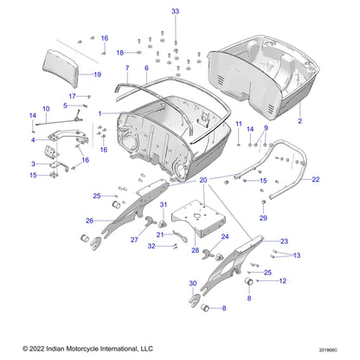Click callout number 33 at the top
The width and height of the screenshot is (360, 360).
[175, 11]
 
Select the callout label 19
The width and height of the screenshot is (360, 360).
[97, 74]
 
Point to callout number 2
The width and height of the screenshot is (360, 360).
[300, 122]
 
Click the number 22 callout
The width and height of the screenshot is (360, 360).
[315, 179]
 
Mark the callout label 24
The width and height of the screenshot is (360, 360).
[225, 235]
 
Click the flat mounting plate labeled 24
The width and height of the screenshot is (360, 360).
[202, 215]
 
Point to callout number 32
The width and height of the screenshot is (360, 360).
[151, 247]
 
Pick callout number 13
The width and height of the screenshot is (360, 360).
[297, 255]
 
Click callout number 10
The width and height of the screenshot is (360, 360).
[46, 108]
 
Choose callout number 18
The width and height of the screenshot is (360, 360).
[119, 53]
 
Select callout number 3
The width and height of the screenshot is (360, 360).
[34, 163]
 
